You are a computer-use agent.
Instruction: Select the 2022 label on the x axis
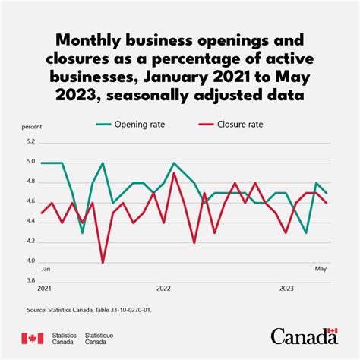[163, 289]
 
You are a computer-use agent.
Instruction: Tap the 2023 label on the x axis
[286, 289]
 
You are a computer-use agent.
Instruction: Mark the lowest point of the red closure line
[103, 262]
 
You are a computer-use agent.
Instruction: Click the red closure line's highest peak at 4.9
[174, 173]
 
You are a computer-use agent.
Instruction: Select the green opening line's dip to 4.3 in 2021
[82, 232]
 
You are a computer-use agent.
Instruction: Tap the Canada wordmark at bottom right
[304, 336]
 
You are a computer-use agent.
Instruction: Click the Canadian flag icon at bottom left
[31, 338]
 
